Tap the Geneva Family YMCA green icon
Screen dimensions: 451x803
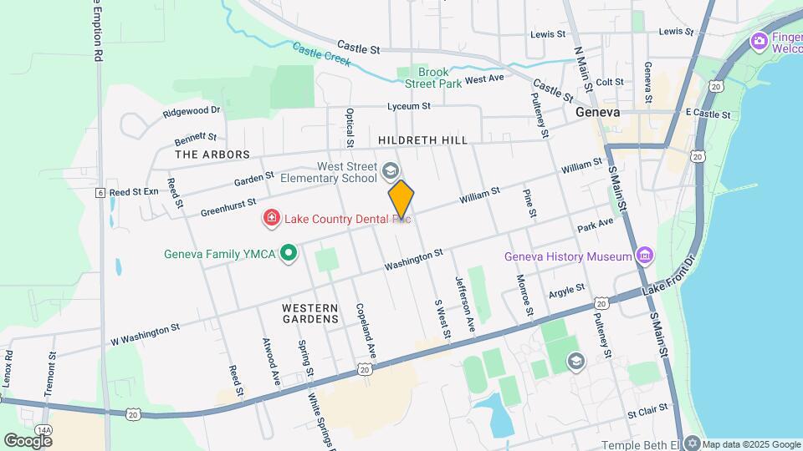(289, 252)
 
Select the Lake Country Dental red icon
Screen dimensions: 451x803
(271, 219)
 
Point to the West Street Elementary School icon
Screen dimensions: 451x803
(389, 171)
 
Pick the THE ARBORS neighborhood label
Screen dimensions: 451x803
(212, 155)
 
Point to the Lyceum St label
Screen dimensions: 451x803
(408, 106)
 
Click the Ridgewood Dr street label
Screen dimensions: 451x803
(192, 110)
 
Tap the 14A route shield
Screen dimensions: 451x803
(43, 430)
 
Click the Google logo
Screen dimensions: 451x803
(28, 440)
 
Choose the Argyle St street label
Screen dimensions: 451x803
(566, 291)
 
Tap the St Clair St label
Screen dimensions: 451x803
(647, 410)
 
